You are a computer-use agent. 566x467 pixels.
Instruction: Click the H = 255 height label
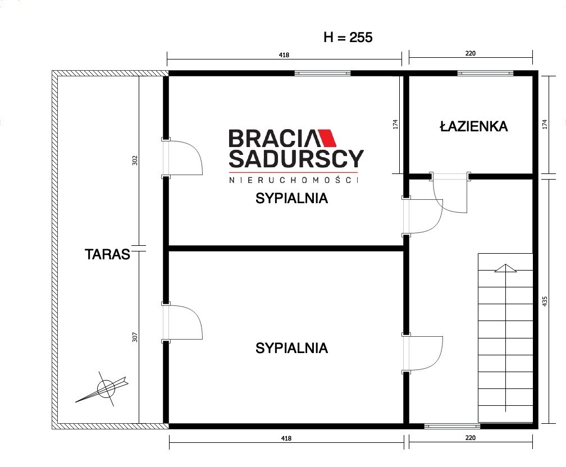pos(348,37)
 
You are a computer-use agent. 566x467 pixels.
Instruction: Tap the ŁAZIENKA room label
pos(474,126)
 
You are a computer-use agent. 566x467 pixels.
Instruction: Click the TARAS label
pos(107,254)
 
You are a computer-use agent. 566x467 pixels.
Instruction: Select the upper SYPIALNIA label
pos(291,198)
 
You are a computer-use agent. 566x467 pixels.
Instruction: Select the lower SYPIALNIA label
pos(291,348)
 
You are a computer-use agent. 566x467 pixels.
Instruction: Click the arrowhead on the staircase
pos(505,268)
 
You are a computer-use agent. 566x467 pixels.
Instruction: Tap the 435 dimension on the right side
pos(545,302)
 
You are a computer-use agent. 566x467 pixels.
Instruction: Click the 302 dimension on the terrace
pos(135,160)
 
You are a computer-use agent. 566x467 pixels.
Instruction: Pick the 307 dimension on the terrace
pos(135,337)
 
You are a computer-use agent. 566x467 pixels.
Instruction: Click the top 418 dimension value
pos(284,55)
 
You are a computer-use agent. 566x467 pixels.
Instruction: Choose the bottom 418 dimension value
pos(286,438)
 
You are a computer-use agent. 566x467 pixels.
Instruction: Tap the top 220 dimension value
pos(471,53)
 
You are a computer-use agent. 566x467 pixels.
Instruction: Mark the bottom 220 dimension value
pos(471,438)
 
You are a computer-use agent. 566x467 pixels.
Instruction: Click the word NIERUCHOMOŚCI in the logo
pos(294,180)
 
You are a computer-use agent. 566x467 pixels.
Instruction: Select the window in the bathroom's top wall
pos(485,74)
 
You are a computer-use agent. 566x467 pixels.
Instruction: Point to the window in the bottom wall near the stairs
pos(452,426)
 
